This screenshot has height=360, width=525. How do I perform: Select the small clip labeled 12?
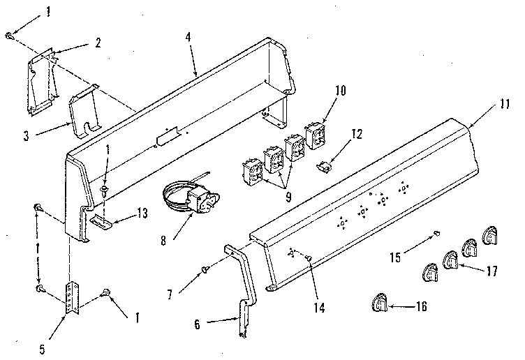click(324, 167)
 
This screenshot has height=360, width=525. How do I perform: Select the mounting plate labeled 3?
click(82, 112)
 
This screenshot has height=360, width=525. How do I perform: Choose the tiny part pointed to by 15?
click(436, 233)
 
